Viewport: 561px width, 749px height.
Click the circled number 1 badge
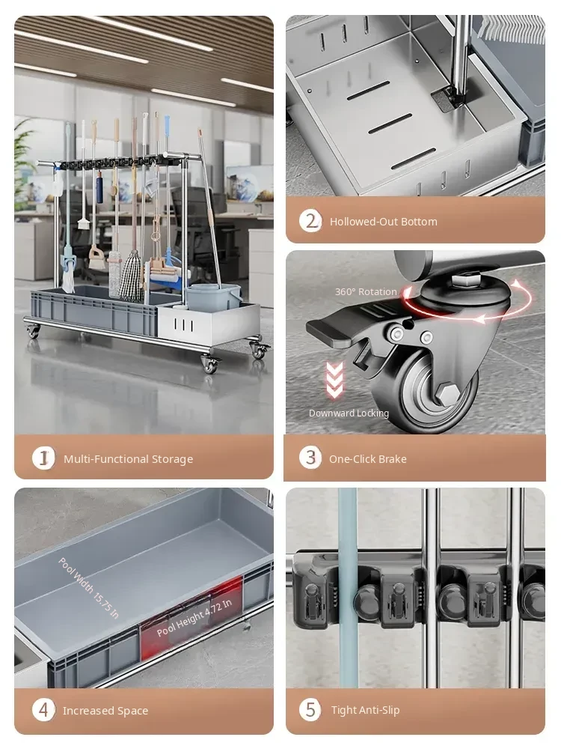pyautogui.click(x=43, y=458)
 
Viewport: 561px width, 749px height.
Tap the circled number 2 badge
pyautogui.click(x=310, y=221)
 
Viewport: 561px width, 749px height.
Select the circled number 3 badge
pyautogui.click(x=310, y=458)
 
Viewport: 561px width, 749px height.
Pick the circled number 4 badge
pyautogui.click(x=43, y=710)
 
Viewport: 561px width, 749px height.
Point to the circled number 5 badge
pyautogui.click(x=310, y=709)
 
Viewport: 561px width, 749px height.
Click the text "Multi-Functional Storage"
pyautogui.click(x=129, y=459)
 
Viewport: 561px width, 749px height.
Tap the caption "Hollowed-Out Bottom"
pyautogui.click(x=384, y=222)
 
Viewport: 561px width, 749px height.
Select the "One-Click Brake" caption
pyautogui.click(x=368, y=459)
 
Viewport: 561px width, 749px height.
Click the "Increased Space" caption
pyautogui.click(x=105, y=711)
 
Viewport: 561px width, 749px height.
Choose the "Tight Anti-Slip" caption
pyautogui.click(x=366, y=710)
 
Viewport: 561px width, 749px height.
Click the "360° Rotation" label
pyautogui.click(x=366, y=291)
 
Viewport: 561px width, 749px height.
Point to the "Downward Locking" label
pyautogui.click(x=349, y=413)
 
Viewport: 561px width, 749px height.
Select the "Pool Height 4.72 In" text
pyautogui.click(x=194, y=617)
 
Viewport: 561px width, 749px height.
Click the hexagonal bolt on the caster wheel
pyautogui.click(x=447, y=394)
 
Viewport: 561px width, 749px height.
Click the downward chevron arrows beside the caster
pyautogui.click(x=334, y=380)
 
